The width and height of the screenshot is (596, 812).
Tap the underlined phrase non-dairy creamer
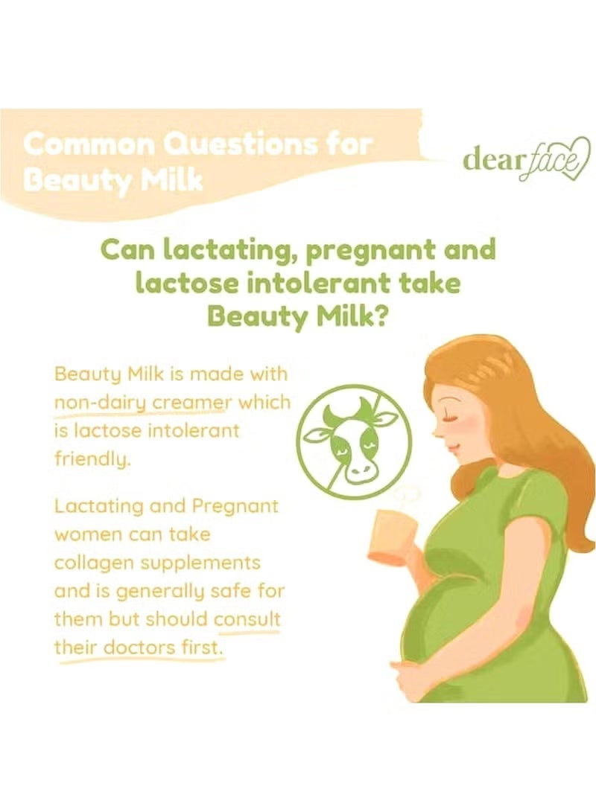[x=144, y=402]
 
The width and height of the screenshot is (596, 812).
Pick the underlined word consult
[x=247, y=619]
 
